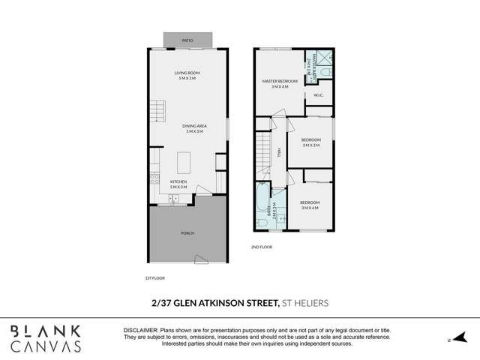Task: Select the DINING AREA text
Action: [196, 127]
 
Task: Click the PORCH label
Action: [187, 233]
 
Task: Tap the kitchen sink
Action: [172, 199]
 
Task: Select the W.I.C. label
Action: [318, 94]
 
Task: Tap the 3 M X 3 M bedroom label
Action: [310, 142]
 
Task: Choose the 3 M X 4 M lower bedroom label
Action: [310, 205]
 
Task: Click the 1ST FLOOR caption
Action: [154, 277]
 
